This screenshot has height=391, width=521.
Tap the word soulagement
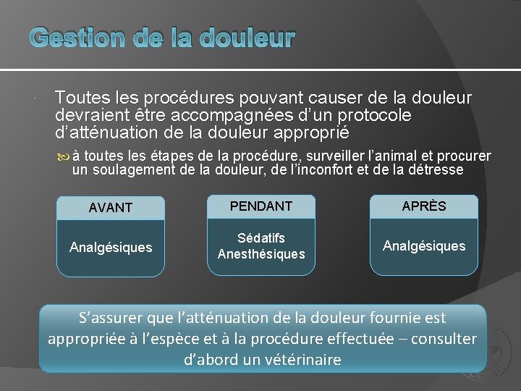point(137,169)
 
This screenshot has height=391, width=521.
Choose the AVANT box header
point(111,208)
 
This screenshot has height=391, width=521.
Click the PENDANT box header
point(261,206)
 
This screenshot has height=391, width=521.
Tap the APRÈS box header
point(424,206)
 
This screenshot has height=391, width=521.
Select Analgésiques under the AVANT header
point(111,248)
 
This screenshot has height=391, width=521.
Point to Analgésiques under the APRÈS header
point(424,246)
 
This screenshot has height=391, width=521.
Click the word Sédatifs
point(261,238)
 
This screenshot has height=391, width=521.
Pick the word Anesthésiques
point(261,254)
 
